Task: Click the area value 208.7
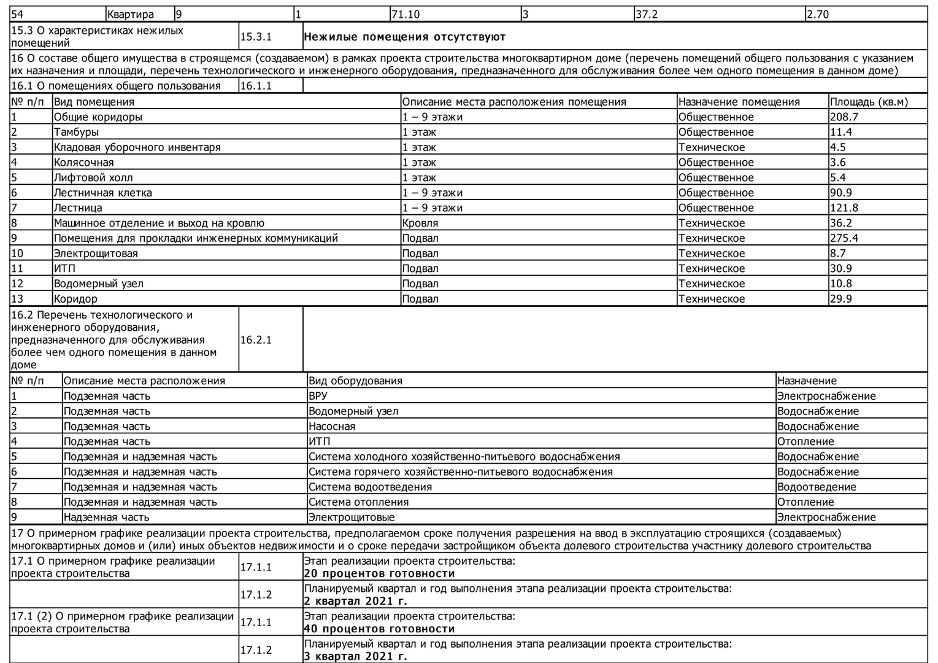[844, 117]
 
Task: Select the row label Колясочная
[83, 162]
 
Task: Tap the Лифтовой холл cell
[93, 177]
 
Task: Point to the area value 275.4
[844, 238]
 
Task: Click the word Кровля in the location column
[420, 223]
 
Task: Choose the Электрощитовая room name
[96, 253]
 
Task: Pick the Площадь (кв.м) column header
[869, 102]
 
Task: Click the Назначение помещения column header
[739, 102]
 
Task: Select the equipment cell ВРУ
[318, 396]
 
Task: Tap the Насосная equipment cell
[332, 426]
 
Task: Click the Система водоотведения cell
[370, 487]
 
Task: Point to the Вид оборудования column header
[355, 381]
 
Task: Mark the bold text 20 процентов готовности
[379, 573]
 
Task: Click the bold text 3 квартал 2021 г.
[355, 656]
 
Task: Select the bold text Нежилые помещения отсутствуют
[404, 37]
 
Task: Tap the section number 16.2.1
[256, 339]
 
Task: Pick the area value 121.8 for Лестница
[844, 207]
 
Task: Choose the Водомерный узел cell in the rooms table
[99, 284]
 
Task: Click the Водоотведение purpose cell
[816, 487]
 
